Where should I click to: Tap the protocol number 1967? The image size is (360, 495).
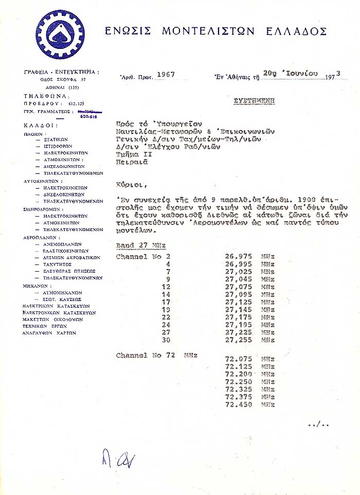(x=166, y=74)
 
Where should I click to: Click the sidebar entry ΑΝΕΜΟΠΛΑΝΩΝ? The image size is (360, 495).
(x=63, y=244)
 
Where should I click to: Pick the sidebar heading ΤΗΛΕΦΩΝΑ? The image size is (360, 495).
(x=43, y=96)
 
